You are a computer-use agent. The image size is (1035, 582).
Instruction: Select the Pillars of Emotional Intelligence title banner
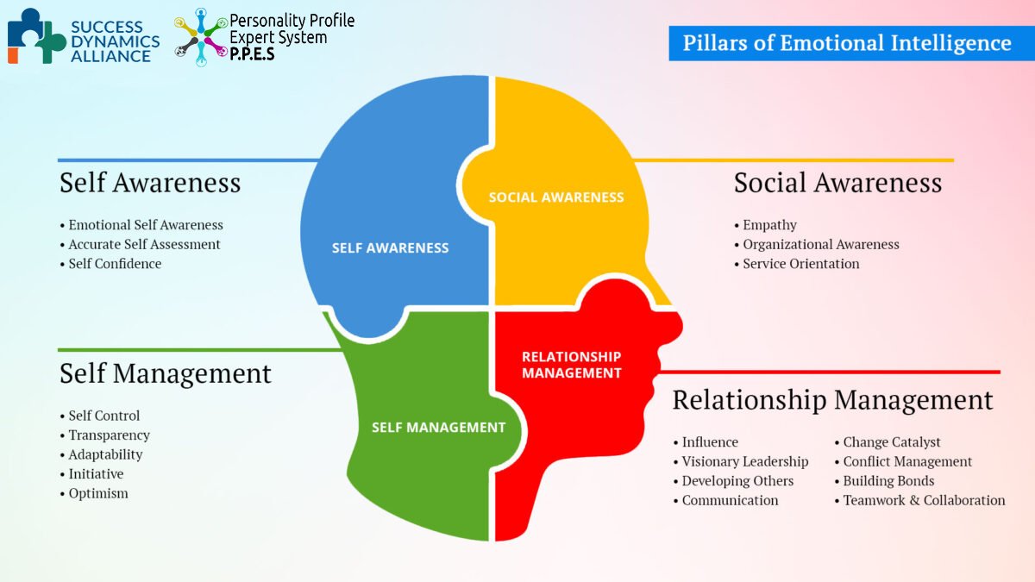pos(847,43)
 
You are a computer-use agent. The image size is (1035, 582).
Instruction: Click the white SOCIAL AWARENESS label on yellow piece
pos(556,197)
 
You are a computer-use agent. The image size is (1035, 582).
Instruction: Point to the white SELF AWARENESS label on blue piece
pos(391,247)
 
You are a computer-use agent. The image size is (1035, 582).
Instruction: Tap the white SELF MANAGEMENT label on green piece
pos(438,427)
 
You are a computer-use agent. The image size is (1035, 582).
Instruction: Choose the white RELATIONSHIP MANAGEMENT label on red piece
pos(571,365)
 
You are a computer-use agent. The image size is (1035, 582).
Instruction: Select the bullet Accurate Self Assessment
pos(144,244)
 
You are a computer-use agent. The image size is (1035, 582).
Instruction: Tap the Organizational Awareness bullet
pos(820,244)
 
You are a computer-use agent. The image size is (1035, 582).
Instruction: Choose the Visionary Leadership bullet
pos(744,461)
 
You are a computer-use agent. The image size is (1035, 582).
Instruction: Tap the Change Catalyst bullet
pos(891,442)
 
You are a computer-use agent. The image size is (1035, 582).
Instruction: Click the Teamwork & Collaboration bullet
pos(924,500)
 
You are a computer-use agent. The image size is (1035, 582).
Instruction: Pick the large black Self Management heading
pos(166,373)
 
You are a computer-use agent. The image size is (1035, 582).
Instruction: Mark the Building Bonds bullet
pos(888,481)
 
